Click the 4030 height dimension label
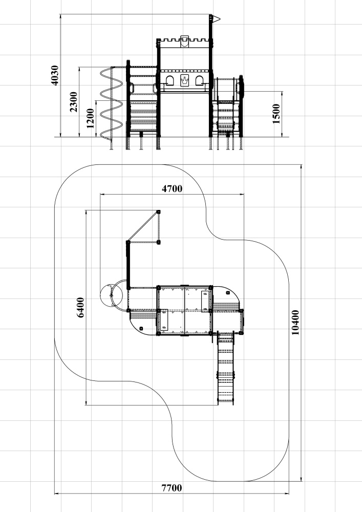coord(55,75)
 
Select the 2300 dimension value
coord(74,101)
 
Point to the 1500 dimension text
coord(276,114)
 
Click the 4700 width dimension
coord(172,189)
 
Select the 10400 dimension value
coord(295,323)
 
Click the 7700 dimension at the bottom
coord(172,488)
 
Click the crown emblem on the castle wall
coord(185,80)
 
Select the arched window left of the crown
coord(170,81)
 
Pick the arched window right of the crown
coord(200,81)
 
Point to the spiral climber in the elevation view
coord(111,103)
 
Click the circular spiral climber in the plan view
coord(111,296)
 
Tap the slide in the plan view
coord(226,368)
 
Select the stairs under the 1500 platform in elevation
coord(226,119)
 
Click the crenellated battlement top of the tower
coord(184,40)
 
